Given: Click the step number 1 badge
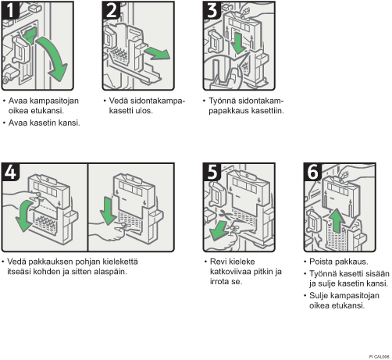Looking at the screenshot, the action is [x=10, y=10].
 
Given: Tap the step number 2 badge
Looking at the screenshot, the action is [x=111, y=10].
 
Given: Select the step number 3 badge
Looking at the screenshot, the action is [x=212, y=10].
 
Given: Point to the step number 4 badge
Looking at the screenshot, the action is [x=10, y=172].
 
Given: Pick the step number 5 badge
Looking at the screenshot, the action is [x=212, y=172].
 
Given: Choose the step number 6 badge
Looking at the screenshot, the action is [x=312, y=172].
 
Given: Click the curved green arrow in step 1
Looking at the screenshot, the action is [x=57, y=57].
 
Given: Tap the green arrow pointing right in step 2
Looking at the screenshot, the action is [x=158, y=54].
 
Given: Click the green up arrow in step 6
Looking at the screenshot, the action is [x=338, y=221].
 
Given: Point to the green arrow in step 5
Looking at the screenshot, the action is [x=219, y=231].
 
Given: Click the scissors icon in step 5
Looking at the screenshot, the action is [x=226, y=215].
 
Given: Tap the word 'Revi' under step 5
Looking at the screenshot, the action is [x=218, y=262].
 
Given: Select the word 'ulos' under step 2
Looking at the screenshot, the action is [x=144, y=111].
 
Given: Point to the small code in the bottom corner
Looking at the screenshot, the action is [x=379, y=357].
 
